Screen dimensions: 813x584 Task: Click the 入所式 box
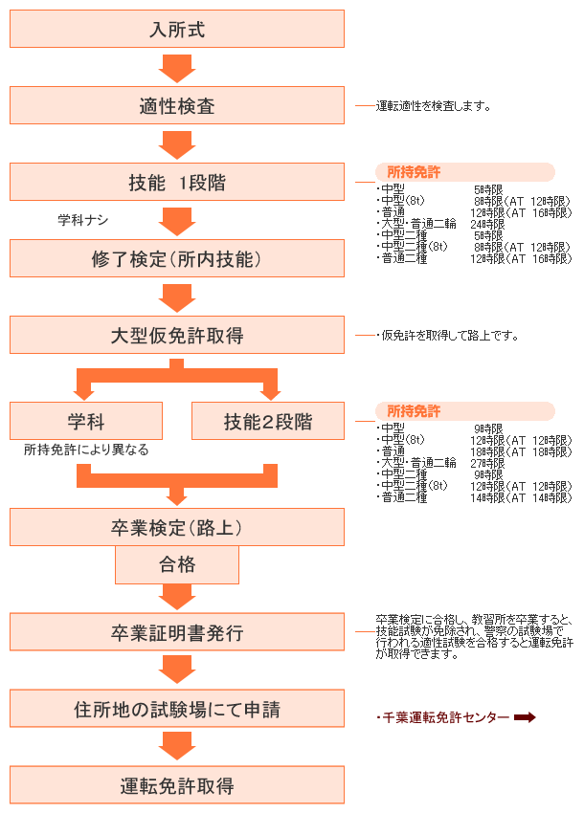[x=177, y=29]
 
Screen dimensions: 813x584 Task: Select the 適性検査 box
[x=177, y=105]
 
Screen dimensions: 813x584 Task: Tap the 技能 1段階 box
[x=177, y=182]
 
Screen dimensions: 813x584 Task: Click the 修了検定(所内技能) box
[x=177, y=258]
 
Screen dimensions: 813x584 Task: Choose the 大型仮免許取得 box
[x=177, y=335]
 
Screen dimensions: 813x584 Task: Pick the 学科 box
[x=86, y=421]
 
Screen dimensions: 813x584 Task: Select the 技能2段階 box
[x=268, y=421]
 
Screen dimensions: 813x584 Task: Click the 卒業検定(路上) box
[x=177, y=527]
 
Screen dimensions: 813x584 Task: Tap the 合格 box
[x=177, y=564]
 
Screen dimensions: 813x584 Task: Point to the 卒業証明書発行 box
[x=177, y=632]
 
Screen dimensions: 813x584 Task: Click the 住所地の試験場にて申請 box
[x=177, y=710]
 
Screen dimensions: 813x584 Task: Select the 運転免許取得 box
[x=177, y=785]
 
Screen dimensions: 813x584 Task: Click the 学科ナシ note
[x=83, y=220]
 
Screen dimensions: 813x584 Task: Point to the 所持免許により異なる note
[x=86, y=450]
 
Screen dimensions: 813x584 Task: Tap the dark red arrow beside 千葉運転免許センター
[x=525, y=717]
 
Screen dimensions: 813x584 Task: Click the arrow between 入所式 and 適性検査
[x=177, y=69]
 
